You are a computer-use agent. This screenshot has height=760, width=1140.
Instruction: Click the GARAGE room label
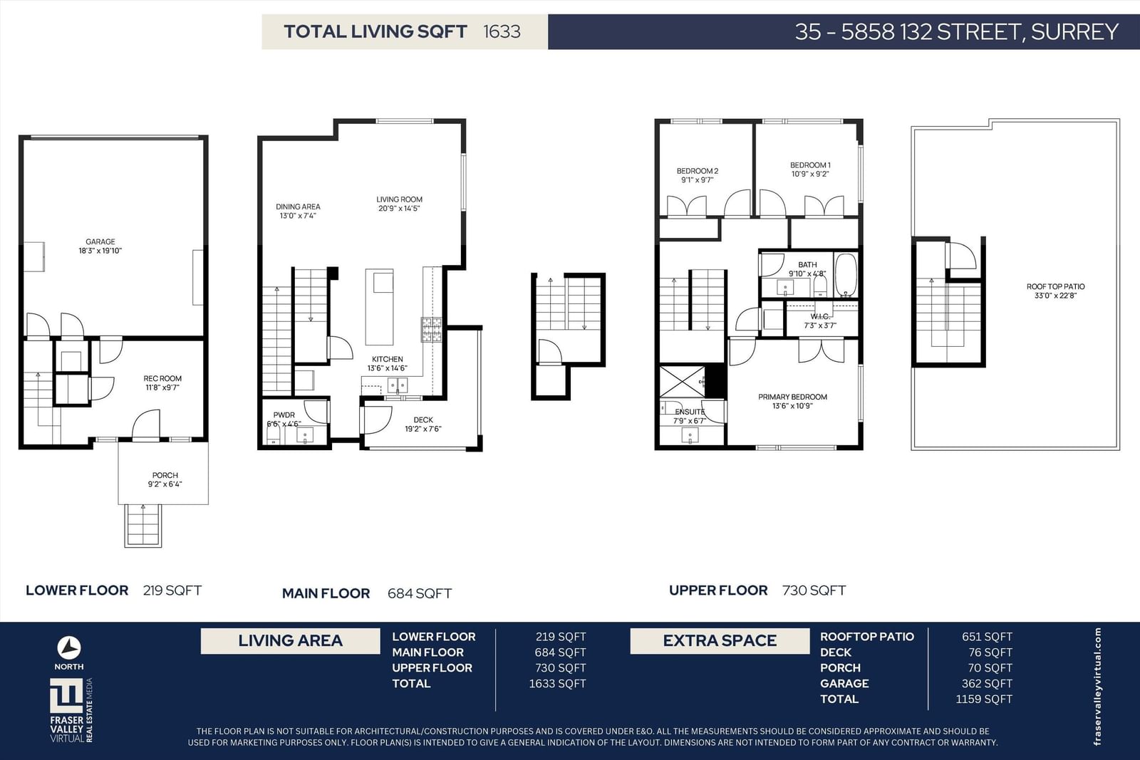click(100, 241)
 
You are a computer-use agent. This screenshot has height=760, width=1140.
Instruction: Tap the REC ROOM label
click(162, 378)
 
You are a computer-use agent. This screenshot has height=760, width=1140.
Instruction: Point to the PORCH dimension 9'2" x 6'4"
click(165, 484)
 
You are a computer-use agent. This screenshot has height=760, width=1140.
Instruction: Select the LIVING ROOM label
click(400, 199)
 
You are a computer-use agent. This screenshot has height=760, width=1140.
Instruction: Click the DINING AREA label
click(299, 207)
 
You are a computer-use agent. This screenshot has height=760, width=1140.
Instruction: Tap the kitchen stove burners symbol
click(431, 329)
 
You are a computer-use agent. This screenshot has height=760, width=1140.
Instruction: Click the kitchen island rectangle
click(379, 307)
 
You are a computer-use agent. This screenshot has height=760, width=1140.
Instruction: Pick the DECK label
click(423, 420)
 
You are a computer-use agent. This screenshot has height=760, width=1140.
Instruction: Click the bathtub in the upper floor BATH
click(846, 275)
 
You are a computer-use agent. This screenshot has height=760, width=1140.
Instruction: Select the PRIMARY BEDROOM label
click(792, 397)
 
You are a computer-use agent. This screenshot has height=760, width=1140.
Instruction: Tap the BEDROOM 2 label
click(698, 171)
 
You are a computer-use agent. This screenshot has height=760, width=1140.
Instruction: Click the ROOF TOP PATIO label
click(1055, 286)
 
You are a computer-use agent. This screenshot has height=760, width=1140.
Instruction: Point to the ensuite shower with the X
click(683, 382)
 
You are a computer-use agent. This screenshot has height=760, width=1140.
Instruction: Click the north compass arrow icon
click(68, 648)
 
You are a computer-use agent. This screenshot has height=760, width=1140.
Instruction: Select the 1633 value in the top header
click(502, 31)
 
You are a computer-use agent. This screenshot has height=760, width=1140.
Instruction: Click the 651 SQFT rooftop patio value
click(987, 636)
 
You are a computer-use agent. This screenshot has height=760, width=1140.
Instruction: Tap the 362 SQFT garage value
click(987, 683)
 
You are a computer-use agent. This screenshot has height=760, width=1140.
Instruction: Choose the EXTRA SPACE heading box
click(720, 641)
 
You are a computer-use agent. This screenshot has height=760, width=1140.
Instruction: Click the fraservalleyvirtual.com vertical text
click(1097, 686)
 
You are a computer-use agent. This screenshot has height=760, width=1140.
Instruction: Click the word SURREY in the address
click(1074, 31)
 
